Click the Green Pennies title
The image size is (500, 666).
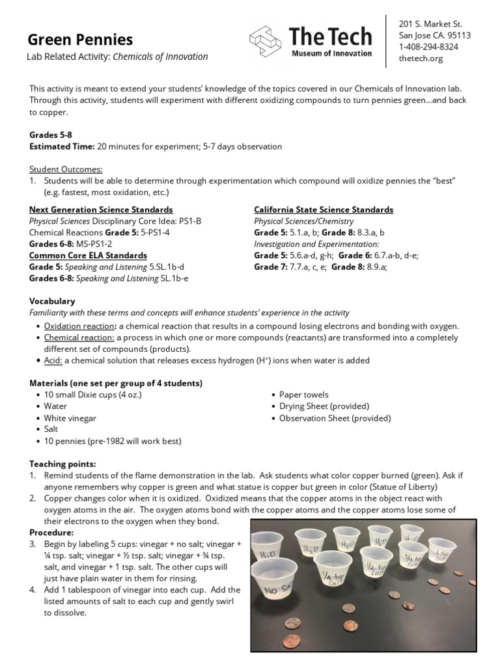81,40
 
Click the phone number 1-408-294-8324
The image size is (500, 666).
428,47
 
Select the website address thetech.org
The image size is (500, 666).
420,59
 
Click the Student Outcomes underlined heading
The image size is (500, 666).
66,168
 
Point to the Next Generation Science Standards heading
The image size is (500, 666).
101,210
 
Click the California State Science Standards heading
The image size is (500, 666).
323,210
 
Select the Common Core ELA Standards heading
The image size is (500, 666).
88,256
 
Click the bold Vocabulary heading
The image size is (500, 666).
52,301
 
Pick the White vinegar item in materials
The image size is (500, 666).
70,418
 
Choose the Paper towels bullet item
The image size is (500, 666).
303,395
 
